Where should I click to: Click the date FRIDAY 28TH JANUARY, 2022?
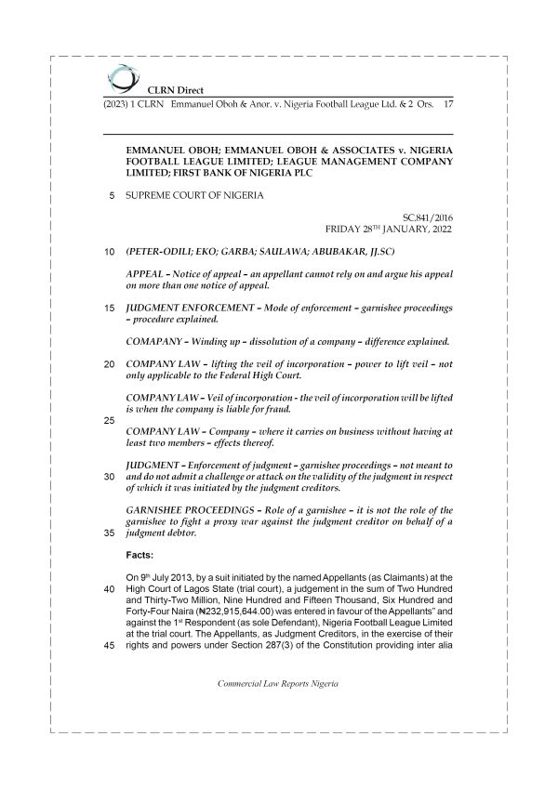pyautogui.click(x=389, y=228)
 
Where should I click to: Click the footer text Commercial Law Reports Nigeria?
pyautogui.click(x=278, y=709)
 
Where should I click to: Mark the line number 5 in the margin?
pyautogui.click(x=113, y=195)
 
